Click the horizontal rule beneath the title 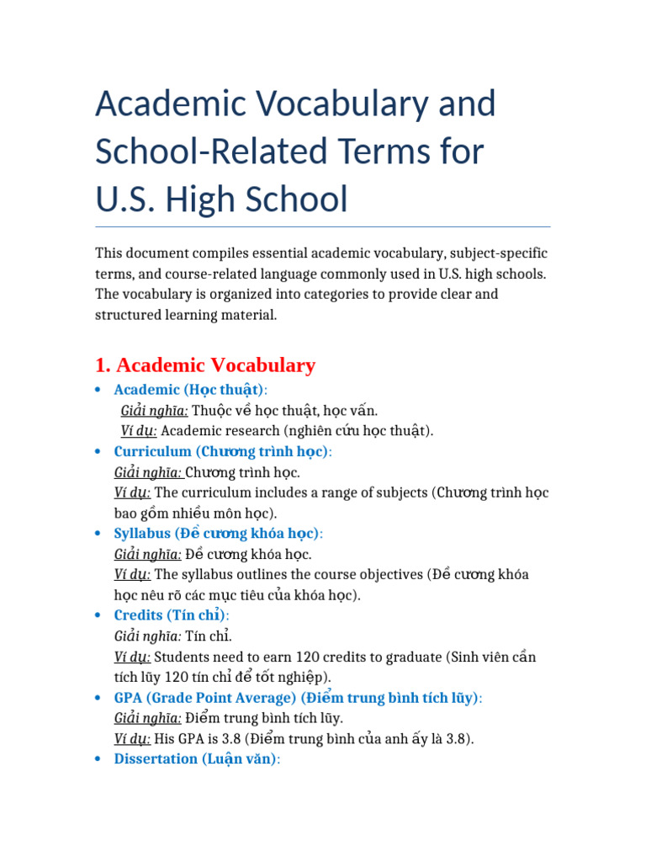pyautogui.click(x=322, y=226)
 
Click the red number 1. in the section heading pyautogui.click(x=103, y=365)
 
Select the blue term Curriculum pyautogui.click(x=152, y=451)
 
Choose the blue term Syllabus pyautogui.click(x=142, y=534)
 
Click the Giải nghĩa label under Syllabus pyautogui.click(x=147, y=554)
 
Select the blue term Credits pyautogui.click(x=138, y=615)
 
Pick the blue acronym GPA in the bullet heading pyautogui.click(x=129, y=698)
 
